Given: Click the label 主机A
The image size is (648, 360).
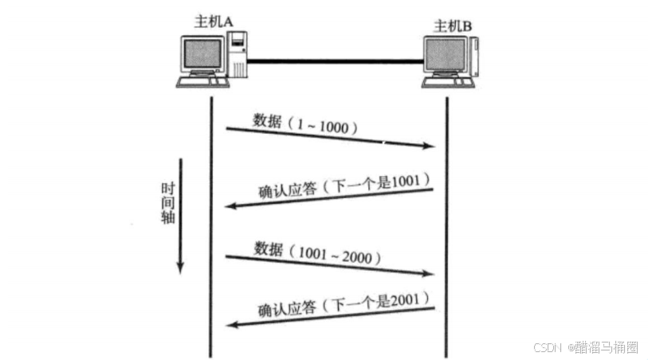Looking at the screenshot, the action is (x=213, y=22).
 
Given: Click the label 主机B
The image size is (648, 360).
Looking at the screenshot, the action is (x=453, y=26).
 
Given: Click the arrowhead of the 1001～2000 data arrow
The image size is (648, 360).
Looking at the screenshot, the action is (x=431, y=273).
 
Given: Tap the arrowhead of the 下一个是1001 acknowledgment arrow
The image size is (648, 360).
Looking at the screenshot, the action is (x=230, y=206).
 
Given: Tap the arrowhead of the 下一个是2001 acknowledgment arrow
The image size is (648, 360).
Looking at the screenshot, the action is (x=230, y=324).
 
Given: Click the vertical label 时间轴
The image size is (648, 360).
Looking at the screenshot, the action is (x=167, y=202).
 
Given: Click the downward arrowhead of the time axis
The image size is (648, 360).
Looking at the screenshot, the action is (x=180, y=268).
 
